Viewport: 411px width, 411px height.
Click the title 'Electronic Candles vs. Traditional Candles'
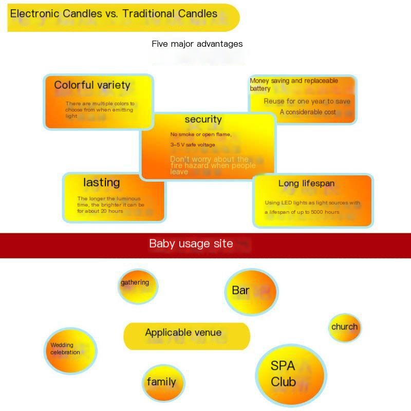114,14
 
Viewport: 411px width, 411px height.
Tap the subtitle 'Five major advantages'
197,44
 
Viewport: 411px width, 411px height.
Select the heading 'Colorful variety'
92,85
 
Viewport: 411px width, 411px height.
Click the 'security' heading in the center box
203,120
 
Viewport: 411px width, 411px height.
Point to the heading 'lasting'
101,182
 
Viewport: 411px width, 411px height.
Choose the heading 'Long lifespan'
306,183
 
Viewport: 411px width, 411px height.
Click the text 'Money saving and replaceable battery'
294,84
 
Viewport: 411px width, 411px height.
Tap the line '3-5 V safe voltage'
193,145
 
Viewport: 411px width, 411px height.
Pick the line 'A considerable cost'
308,112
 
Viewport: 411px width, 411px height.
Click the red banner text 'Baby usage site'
191,244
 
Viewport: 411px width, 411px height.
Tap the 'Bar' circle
251,291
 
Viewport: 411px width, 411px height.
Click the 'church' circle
344,327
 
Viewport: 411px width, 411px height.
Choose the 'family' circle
162,382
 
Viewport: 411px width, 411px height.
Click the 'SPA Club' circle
290,375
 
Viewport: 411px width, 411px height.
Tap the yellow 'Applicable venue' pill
186,335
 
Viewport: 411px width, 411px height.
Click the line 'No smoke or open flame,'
201,135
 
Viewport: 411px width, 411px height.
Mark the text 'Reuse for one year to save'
307,101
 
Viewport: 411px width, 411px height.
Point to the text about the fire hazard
212,165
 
